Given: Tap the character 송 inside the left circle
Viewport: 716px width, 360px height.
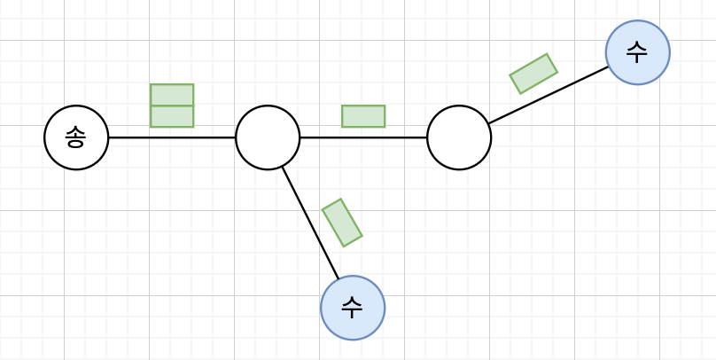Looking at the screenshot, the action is click(76, 137).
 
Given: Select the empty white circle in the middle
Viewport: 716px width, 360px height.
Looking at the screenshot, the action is click(268, 137).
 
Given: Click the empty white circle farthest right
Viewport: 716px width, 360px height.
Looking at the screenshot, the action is click(459, 137).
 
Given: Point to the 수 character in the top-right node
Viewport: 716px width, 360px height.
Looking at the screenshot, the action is click(637, 52).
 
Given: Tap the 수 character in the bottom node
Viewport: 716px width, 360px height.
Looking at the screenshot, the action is click(353, 308).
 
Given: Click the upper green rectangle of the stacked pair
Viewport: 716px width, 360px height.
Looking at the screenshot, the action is click(172, 95).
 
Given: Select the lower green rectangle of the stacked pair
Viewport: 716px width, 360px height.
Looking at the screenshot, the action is click(172, 116).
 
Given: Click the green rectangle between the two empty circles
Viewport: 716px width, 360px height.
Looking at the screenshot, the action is click(363, 116).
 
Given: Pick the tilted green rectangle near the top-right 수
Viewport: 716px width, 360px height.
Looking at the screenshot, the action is click(533, 74).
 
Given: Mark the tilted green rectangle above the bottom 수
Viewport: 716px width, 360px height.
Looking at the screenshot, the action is click(342, 223).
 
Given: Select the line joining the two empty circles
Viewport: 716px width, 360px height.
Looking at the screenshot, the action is click(390, 137).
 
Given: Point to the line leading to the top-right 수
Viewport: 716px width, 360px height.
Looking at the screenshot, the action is click(549, 94).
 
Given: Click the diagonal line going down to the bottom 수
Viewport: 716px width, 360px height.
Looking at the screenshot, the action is click(310, 223).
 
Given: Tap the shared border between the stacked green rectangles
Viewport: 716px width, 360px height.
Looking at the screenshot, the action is click(172, 106).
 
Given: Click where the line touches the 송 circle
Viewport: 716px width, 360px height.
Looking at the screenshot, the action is click(108, 137).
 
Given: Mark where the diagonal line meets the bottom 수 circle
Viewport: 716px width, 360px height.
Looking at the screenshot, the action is click(339, 279).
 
